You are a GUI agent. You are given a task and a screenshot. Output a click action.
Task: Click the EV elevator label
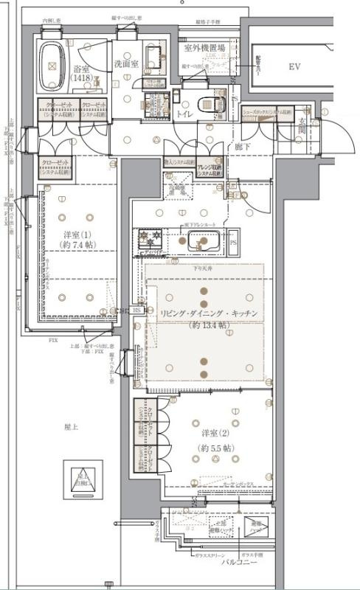click(295, 67)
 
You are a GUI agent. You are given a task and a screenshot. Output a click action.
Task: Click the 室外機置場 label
click(204, 49)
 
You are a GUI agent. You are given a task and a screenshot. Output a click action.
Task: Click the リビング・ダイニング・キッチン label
click(209, 313)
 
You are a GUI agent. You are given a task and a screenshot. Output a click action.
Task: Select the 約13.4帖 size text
click(209, 325)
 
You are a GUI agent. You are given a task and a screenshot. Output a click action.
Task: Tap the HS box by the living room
click(137, 310)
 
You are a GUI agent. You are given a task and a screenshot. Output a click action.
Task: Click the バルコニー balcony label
click(238, 562)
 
